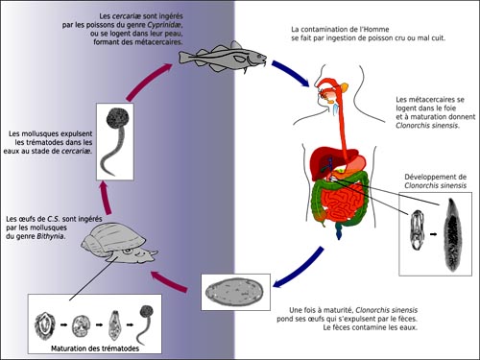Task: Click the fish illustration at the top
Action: (x=223, y=57)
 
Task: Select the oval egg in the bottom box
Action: (x=234, y=292)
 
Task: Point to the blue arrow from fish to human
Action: (x=291, y=72)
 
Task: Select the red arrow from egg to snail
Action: (x=168, y=281)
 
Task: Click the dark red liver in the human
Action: (x=329, y=160)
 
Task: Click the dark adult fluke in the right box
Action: (x=453, y=235)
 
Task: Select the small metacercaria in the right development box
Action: (x=417, y=230)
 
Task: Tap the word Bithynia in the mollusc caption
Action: (x=51, y=237)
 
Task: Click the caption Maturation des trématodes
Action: (x=95, y=348)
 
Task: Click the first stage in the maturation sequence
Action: (x=45, y=325)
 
